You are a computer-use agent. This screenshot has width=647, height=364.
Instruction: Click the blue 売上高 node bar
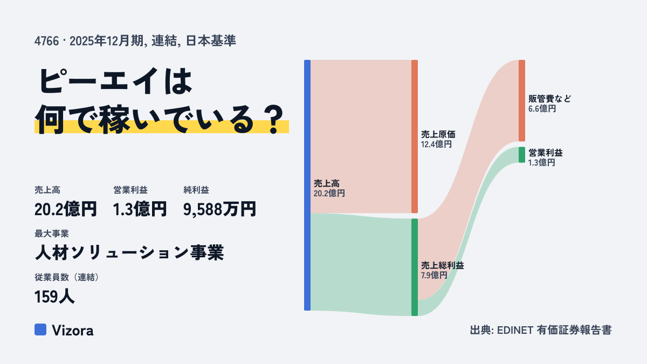click(x=307, y=185)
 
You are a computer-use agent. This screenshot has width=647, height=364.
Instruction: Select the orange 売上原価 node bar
click(x=415, y=136)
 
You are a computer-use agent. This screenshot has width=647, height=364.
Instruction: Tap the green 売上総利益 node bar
click(x=415, y=267)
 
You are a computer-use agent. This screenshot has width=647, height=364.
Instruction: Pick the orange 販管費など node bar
click(x=522, y=100)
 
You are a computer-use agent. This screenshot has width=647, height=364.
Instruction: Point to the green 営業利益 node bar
click(x=522, y=155)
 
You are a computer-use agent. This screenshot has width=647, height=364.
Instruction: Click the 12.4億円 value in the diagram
click(x=436, y=144)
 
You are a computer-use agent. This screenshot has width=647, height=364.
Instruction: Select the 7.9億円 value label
click(x=434, y=275)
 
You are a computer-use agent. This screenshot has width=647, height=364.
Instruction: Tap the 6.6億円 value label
click(x=542, y=108)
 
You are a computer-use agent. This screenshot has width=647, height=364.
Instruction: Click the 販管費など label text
click(x=549, y=99)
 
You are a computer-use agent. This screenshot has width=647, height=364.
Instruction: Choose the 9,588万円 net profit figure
click(x=219, y=209)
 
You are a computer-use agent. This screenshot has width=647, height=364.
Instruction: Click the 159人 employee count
click(x=54, y=297)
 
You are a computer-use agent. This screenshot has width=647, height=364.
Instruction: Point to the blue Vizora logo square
click(x=40, y=329)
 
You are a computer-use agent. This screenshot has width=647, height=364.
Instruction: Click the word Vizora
click(x=73, y=330)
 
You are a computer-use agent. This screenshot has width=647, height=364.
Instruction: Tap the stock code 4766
click(x=46, y=41)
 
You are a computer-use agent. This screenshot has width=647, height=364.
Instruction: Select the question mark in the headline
click(x=274, y=120)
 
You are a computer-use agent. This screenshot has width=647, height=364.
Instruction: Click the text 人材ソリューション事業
click(x=129, y=252)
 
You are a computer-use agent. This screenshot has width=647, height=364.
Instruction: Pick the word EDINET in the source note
click(x=515, y=330)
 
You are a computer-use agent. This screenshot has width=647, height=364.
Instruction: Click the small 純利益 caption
click(x=196, y=190)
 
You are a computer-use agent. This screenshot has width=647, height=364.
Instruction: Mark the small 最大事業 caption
click(x=52, y=233)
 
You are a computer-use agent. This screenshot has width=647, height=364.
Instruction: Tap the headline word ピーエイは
click(x=115, y=81)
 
